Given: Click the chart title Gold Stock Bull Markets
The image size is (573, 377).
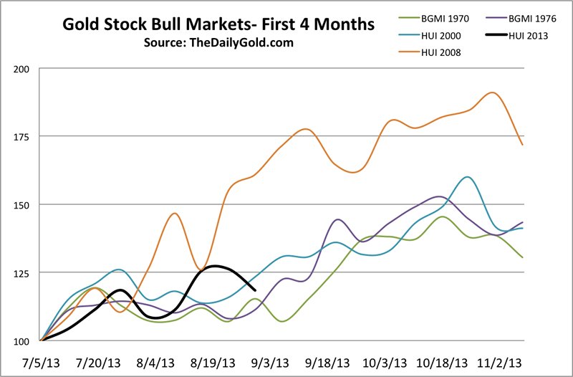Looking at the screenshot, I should [218, 25].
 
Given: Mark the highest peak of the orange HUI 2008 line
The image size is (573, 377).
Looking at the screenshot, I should [492, 92].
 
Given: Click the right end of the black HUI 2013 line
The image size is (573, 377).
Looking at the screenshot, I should [256, 290].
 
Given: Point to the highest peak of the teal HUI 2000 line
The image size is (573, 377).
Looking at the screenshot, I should [468, 176].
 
